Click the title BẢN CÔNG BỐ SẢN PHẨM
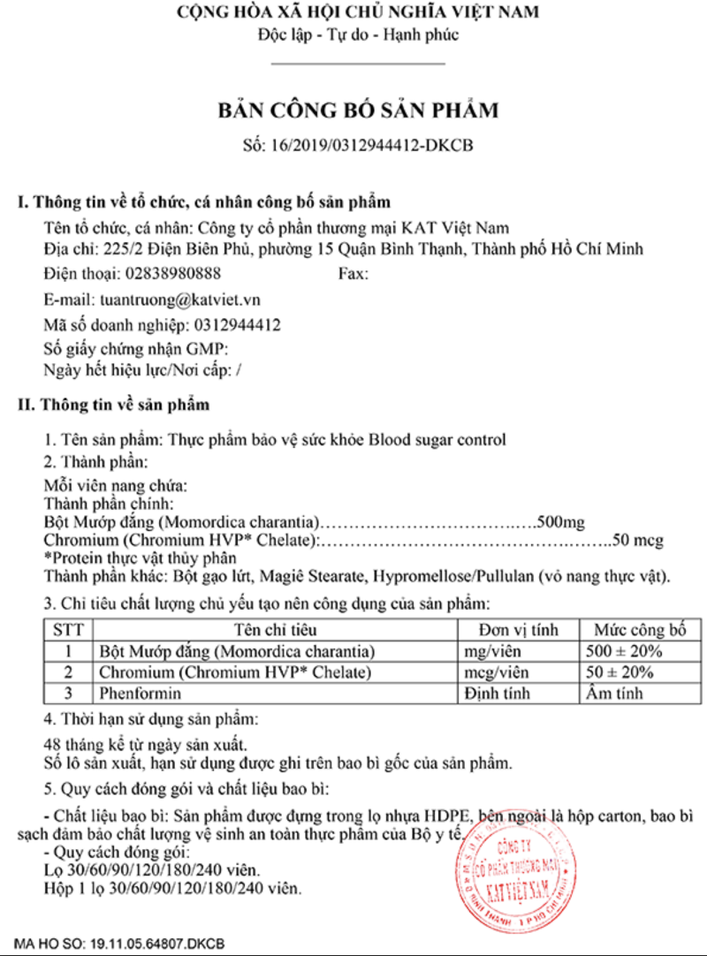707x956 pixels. click(x=358, y=110)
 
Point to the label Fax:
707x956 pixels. click(x=353, y=274)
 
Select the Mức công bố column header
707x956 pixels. click(x=640, y=631)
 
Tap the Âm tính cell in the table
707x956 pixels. click(x=615, y=693)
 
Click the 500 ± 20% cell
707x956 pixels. click(x=624, y=652)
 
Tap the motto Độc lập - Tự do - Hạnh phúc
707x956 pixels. click(x=358, y=37)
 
